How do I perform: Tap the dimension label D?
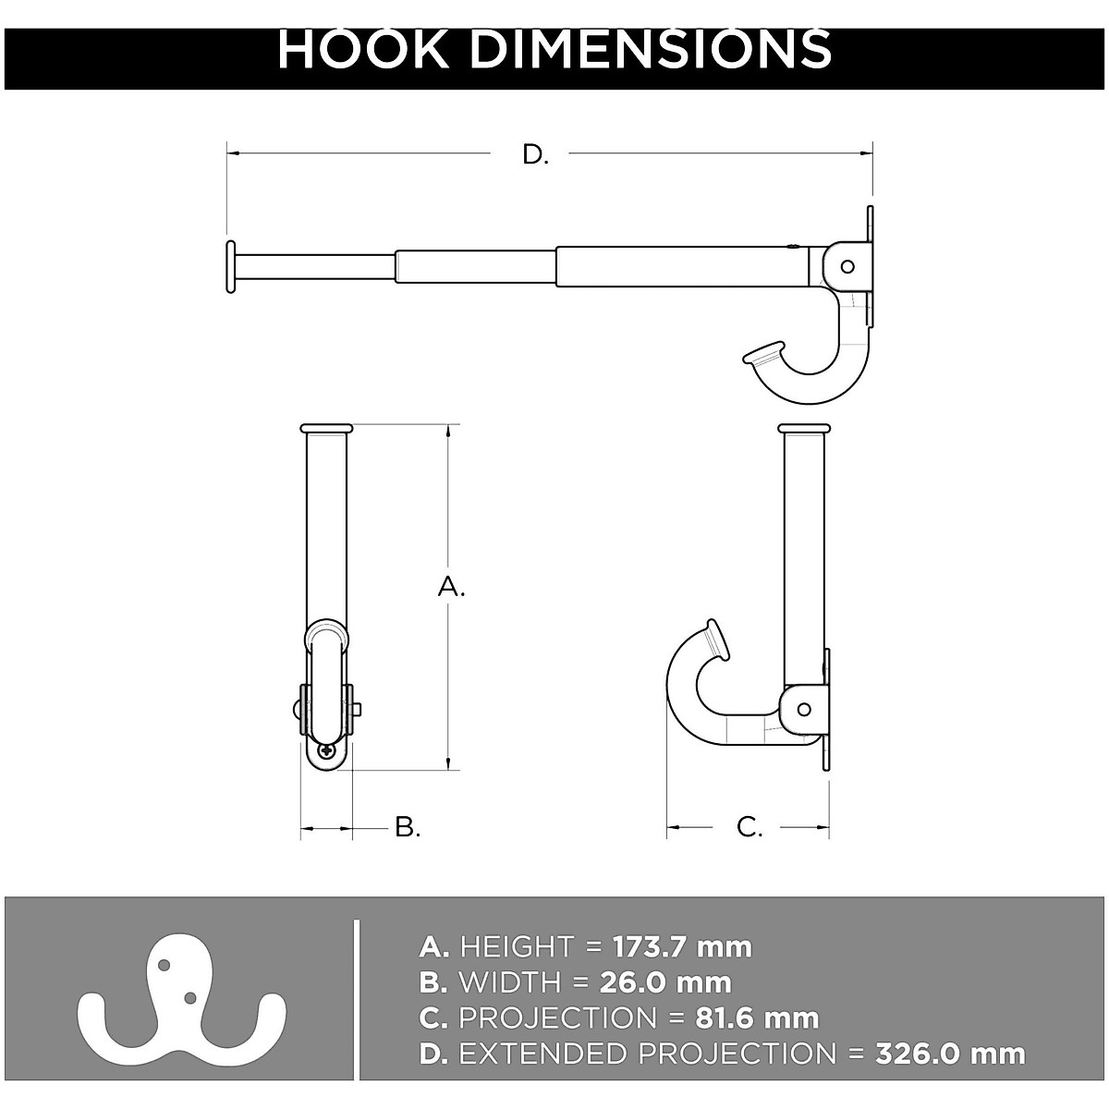(x=535, y=154)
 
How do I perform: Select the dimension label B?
(x=408, y=826)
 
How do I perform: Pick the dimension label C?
(x=749, y=826)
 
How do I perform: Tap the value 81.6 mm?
(x=756, y=1018)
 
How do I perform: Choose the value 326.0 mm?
(x=950, y=1054)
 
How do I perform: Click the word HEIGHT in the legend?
(x=517, y=947)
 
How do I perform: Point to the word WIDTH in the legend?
(x=509, y=982)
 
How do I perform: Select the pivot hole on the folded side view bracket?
(x=804, y=709)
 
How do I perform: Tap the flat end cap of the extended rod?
(x=228, y=267)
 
